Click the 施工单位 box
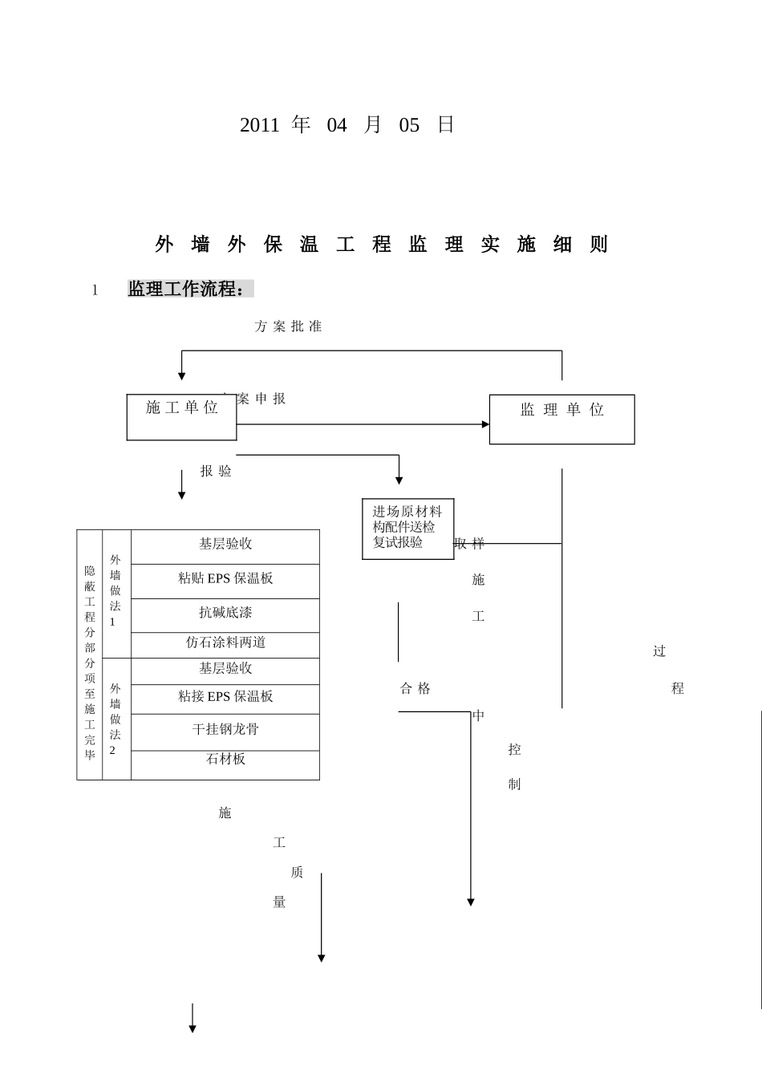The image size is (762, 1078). click(x=182, y=416)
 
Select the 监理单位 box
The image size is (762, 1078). click(x=561, y=419)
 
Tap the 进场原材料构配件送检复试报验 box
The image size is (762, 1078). click(x=407, y=528)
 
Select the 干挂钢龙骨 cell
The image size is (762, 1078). click(x=225, y=731)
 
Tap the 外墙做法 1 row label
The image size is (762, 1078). click(x=116, y=591)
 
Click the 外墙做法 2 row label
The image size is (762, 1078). click(x=116, y=719)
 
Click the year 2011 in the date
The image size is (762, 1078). click(x=259, y=125)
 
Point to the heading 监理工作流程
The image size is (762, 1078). click(x=186, y=290)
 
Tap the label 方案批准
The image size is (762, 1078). click(x=288, y=326)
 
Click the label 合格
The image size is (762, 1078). click(x=415, y=688)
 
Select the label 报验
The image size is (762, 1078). click(x=216, y=472)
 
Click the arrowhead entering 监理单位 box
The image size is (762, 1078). click(x=485, y=424)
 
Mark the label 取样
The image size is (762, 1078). click(x=469, y=544)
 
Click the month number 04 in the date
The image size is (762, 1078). click(x=337, y=125)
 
